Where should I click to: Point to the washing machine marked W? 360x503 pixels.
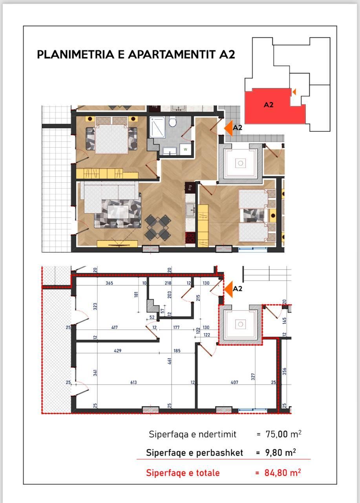point(185,150)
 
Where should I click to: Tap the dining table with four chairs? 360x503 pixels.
point(157,228)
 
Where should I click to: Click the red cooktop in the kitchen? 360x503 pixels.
point(190,237)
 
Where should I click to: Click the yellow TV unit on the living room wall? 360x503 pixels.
point(117,244)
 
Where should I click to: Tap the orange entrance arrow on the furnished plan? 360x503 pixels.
point(228,128)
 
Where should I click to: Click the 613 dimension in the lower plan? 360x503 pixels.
point(133,382)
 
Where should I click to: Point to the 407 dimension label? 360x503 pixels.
point(235,382)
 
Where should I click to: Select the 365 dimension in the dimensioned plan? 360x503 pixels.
point(110,283)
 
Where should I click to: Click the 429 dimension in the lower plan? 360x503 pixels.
point(117,351)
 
